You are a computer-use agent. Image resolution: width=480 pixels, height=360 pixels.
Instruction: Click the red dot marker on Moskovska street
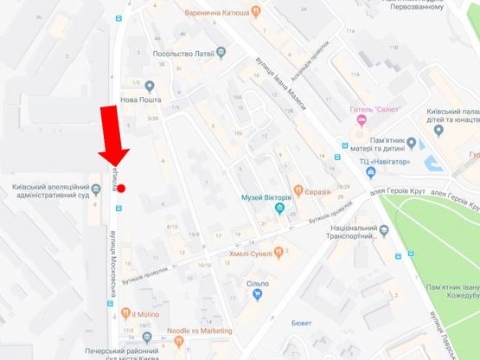coord(122,187)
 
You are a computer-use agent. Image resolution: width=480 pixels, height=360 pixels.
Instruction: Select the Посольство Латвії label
coord(183,52)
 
